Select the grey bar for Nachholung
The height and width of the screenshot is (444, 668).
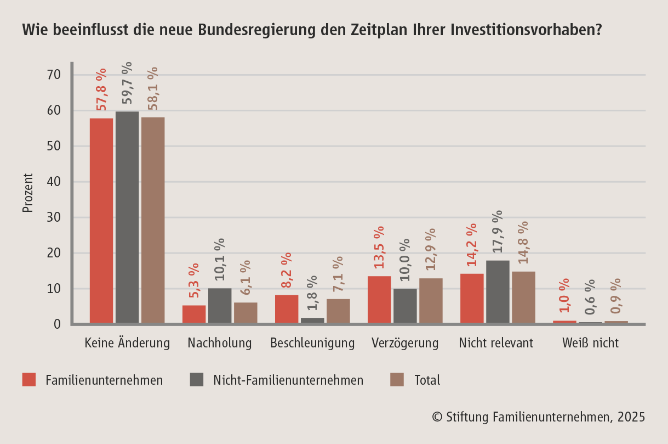click(x=220, y=306)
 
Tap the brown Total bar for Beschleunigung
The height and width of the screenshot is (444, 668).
click(x=338, y=311)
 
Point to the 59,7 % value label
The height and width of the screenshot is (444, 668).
click(x=127, y=82)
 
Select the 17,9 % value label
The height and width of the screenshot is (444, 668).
click(x=498, y=231)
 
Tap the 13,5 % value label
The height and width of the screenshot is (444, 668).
click(x=379, y=247)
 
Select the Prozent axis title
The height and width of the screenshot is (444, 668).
click(x=28, y=193)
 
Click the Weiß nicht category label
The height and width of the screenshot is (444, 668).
click(x=590, y=344)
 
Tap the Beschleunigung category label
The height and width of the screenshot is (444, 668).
click(x=312, y=344)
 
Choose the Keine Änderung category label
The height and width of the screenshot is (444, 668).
click(x=127, y=344)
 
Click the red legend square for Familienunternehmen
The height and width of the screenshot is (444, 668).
click(x=29, y=380)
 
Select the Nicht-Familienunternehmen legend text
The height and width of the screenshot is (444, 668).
click(x=288, y=380)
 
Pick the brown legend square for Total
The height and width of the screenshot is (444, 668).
click(x=396, y=380)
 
